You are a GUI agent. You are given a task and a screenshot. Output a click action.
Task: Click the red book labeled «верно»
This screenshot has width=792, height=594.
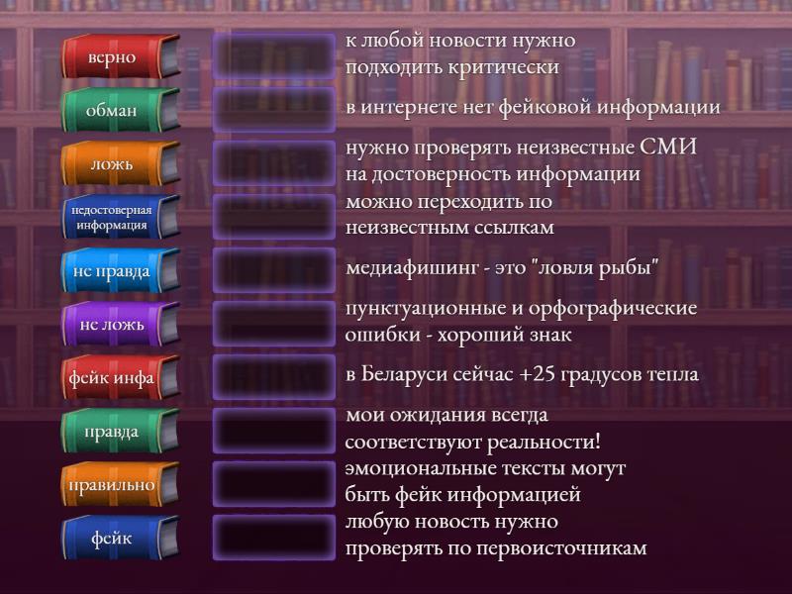(x=120, y=56)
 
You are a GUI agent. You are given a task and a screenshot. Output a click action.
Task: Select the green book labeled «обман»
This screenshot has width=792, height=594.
(x=120, y=110)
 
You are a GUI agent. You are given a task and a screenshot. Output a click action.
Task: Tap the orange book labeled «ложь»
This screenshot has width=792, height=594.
(x=120, y=163)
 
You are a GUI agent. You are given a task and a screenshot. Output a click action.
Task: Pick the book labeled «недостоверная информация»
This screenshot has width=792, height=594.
(x=120, y=217)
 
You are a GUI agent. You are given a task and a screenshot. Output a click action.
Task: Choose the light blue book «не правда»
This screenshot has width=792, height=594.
(x=120, y=270)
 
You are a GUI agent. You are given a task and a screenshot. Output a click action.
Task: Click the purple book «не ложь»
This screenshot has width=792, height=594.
(x=120, y=324)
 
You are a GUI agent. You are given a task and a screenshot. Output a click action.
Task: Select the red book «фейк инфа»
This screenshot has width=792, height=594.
(x=120, y=377)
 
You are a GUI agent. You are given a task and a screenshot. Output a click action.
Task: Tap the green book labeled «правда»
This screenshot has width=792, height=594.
(x=120, y=431)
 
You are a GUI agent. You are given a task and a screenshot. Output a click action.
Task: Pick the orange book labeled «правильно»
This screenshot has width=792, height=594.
(x=120, y=484)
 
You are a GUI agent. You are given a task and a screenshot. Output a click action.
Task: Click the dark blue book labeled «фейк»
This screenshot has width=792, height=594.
(x=120, y=538)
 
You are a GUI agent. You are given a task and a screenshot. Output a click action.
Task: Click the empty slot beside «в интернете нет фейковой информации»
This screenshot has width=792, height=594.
(x=274, y=110)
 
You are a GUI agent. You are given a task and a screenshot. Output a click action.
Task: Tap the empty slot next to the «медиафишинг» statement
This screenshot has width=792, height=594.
(x=274, y=270)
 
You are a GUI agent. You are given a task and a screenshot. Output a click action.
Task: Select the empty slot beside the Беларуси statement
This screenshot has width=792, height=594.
(x=274, y=377)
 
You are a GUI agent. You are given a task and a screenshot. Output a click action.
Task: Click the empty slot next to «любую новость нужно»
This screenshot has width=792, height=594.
(x=274, y=538)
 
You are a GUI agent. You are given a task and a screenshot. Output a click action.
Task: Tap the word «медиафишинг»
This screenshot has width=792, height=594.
(x=412, y=267)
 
